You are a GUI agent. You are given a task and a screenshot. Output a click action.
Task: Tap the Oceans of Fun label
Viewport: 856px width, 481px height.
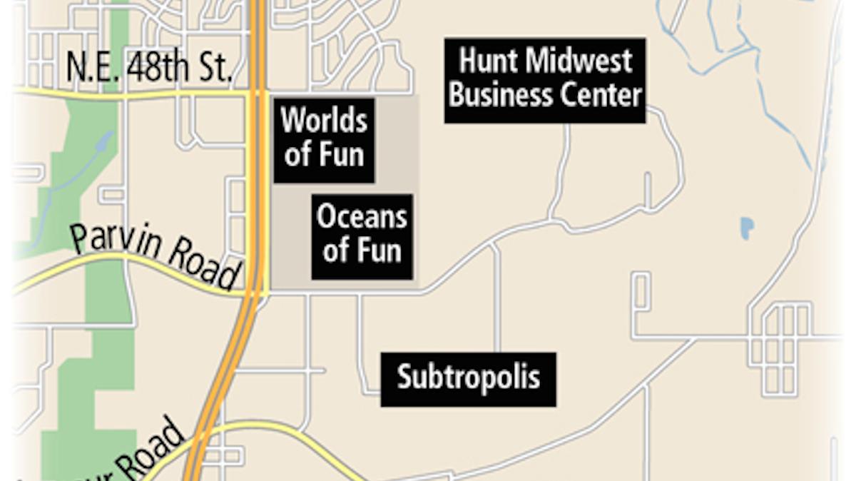(x=362, y=236)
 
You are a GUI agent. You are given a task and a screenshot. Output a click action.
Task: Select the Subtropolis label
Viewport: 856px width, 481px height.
(x=468, y=378)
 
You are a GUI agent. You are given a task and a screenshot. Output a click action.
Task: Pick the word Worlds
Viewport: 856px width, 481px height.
(x=324, y=121)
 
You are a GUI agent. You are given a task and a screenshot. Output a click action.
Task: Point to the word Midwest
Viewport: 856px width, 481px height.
(x=579, y=61)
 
